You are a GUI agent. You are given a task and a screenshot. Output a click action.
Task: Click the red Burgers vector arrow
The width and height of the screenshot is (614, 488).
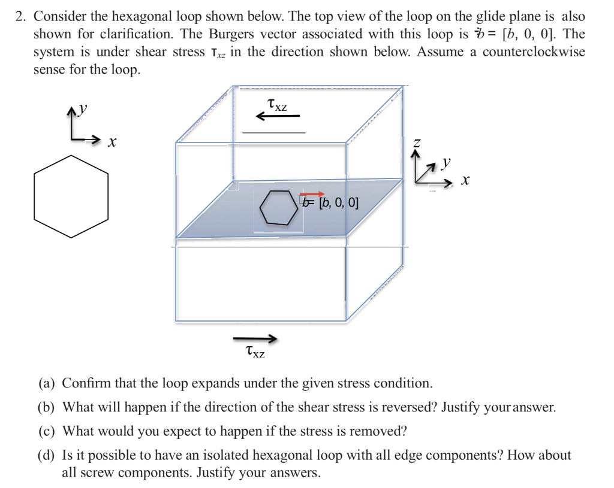point(312,194)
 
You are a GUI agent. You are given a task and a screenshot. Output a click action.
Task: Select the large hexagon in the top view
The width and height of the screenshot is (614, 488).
point(71,196)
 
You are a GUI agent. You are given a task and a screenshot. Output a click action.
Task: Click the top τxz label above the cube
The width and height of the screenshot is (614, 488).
point(277,105)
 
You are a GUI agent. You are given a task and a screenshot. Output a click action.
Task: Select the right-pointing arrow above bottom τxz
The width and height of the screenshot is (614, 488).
point(255,339)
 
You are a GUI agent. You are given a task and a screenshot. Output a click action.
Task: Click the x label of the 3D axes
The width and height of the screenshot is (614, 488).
point(465,180)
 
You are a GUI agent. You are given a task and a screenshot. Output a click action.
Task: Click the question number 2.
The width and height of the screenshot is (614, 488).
point(20,17)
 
